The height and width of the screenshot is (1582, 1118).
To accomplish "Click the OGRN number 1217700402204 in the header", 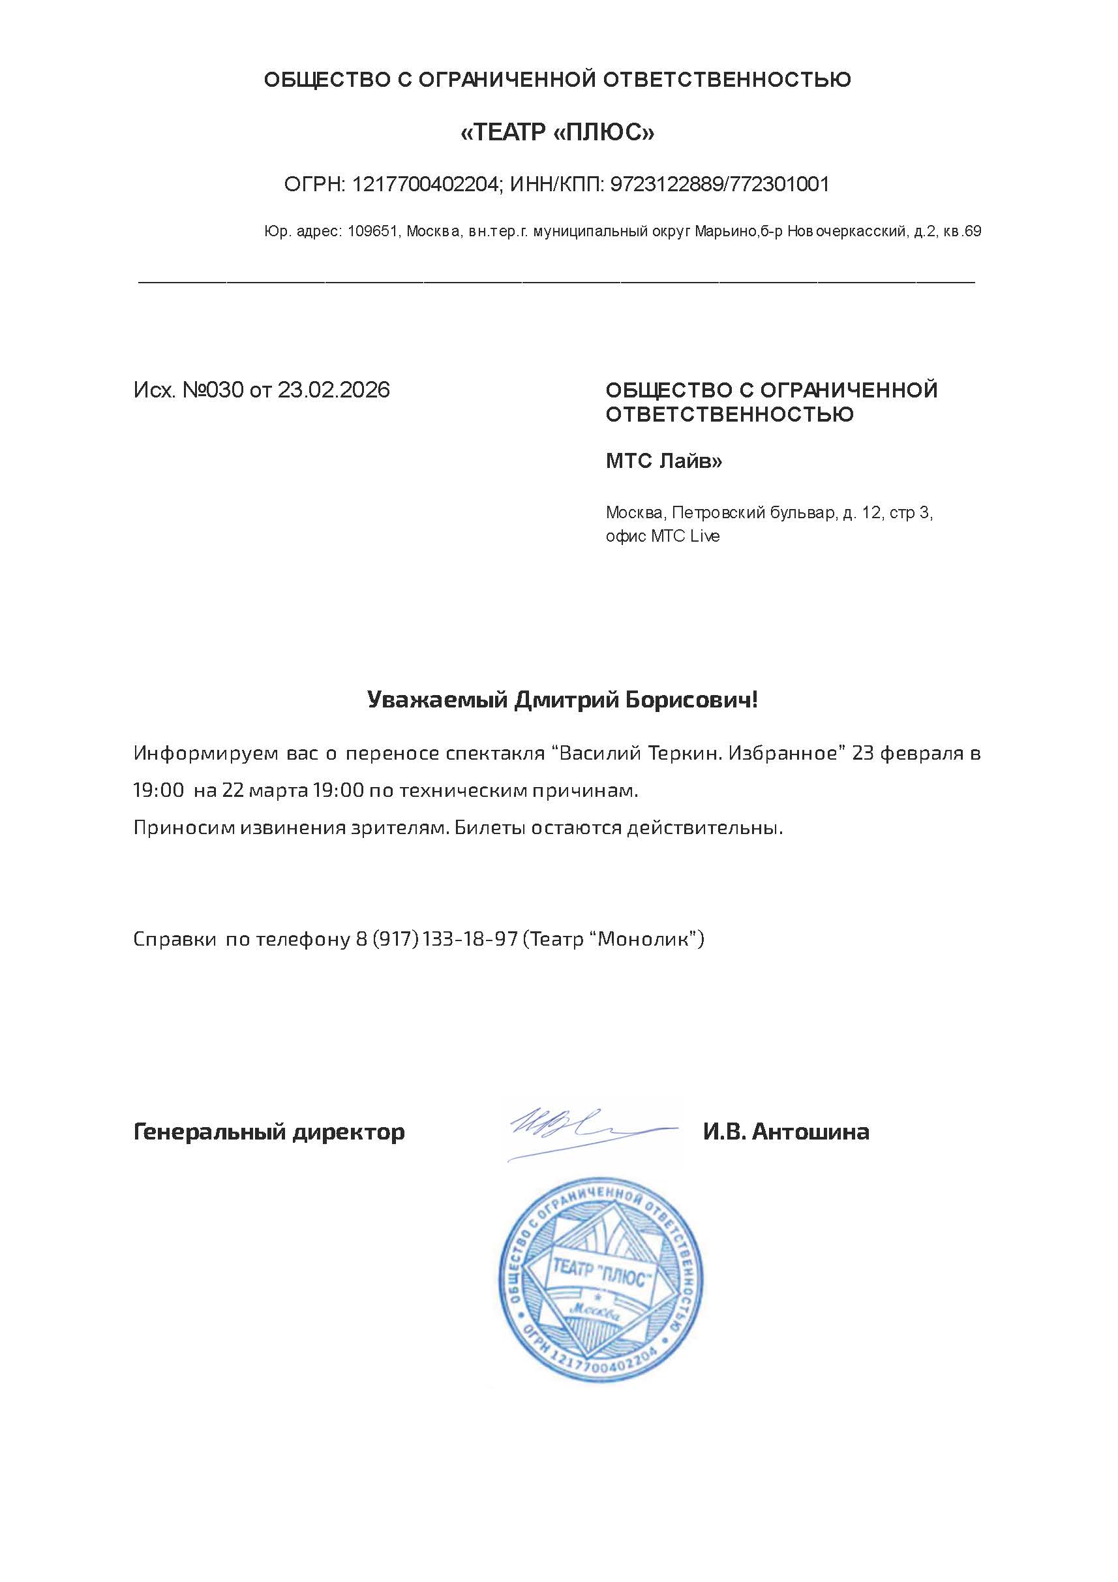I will click(x=425, y=184).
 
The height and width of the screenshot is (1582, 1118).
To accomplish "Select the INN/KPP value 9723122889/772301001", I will click(x=720, y=184).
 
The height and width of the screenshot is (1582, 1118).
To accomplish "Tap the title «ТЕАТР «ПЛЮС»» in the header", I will click(x=557, y=132).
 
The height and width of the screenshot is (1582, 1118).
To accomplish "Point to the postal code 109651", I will click(x=372, y=232).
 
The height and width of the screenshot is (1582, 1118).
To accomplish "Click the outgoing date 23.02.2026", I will click(x=333, y=390).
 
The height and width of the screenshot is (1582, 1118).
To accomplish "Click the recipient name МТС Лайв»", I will click(x=664, y=460).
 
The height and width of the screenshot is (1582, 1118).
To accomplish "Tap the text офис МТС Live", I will click(x=663, y=535).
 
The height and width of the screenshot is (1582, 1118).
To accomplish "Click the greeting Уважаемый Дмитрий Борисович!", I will click(x=562, y=700).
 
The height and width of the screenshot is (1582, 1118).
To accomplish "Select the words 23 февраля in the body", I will click(x=907, y=752).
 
